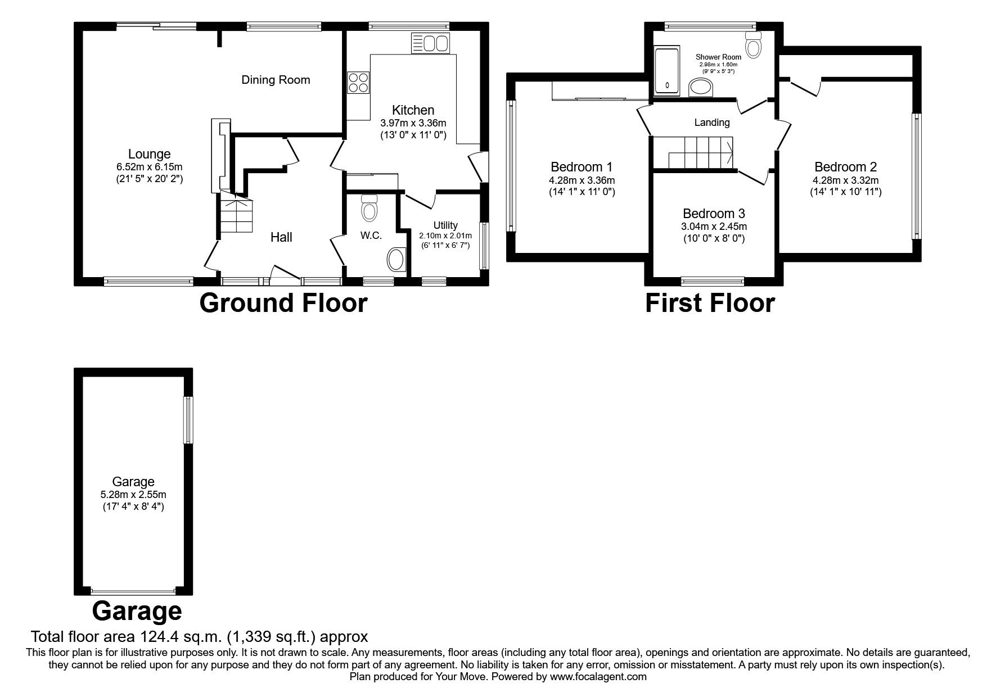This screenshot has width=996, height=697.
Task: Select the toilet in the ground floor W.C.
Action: pos(369,208)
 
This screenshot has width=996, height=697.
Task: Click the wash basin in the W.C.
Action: pos(396,260)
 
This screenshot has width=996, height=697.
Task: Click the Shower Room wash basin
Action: pos(700,88)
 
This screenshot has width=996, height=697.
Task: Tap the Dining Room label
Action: pos(276,80)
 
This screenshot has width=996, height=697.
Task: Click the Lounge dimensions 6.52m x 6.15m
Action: pos(150,167)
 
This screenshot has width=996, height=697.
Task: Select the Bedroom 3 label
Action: pos(714,214)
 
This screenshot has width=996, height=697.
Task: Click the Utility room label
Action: pos(445,225)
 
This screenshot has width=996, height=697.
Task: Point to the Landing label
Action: pos(712,123)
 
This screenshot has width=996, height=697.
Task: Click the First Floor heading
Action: pos(710,303)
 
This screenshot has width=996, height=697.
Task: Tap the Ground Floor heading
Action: pos(283,303)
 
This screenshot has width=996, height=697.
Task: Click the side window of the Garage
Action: pos(188,420)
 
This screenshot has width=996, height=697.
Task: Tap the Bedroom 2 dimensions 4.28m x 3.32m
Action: pos(845,180)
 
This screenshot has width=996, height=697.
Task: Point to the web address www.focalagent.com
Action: pos(598,677)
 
